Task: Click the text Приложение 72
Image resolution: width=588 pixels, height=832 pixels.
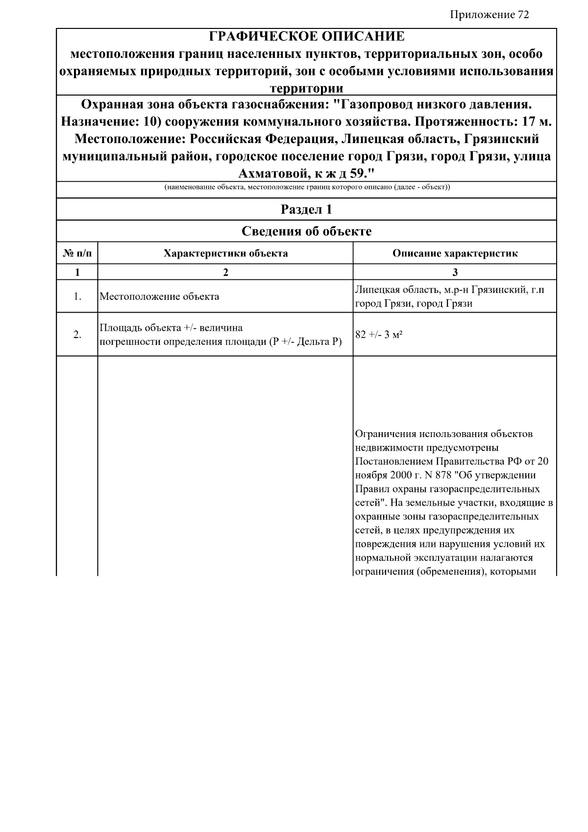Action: pos(489,15)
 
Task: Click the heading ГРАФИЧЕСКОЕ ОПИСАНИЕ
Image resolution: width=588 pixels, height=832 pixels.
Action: pos(307,37)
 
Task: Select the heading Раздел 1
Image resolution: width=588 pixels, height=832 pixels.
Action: pos(307,210)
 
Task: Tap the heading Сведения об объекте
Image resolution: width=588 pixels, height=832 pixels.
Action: pos(307,231)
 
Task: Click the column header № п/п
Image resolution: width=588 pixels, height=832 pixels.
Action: pos(77,253)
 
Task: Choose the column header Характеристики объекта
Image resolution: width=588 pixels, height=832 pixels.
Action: pos(225,253)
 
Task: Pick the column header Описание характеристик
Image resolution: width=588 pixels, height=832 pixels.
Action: pos(455,253)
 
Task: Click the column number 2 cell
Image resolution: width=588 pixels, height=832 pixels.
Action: pos(225,272)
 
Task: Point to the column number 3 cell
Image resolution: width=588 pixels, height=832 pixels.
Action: pos(455,272)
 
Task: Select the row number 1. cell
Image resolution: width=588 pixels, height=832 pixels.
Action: pos(77,296)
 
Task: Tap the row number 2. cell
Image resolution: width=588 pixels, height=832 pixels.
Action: pos(77,335)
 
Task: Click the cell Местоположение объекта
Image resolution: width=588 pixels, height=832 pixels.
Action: pos(159,297)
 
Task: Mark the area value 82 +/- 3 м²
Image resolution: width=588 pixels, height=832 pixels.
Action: pos(379,335)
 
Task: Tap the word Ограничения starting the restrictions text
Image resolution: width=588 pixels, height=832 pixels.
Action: pos(387,434)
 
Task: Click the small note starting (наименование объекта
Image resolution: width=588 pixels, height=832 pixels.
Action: pos(307,187)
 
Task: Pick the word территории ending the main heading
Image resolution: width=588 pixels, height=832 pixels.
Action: pos(307,89)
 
